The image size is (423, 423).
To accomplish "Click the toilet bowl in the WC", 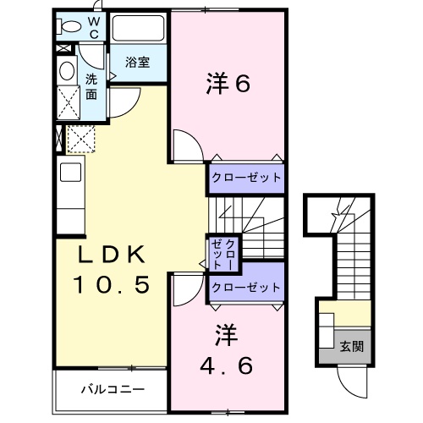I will coord(70,26).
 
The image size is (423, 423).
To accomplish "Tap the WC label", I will coord(95,27).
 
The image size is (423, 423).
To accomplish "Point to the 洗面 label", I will coord(91,85).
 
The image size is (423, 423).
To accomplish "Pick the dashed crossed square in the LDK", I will coord(80,137).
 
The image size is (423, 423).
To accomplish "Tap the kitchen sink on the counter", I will coord(69,174).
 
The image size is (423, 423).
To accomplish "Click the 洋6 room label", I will coord(228,84).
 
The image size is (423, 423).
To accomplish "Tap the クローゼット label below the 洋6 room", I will coord(245,177).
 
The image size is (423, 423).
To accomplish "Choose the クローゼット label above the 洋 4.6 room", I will coord(245,288).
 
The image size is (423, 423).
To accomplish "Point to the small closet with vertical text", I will coord(225,253).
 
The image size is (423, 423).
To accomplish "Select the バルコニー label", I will coord(113,390).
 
